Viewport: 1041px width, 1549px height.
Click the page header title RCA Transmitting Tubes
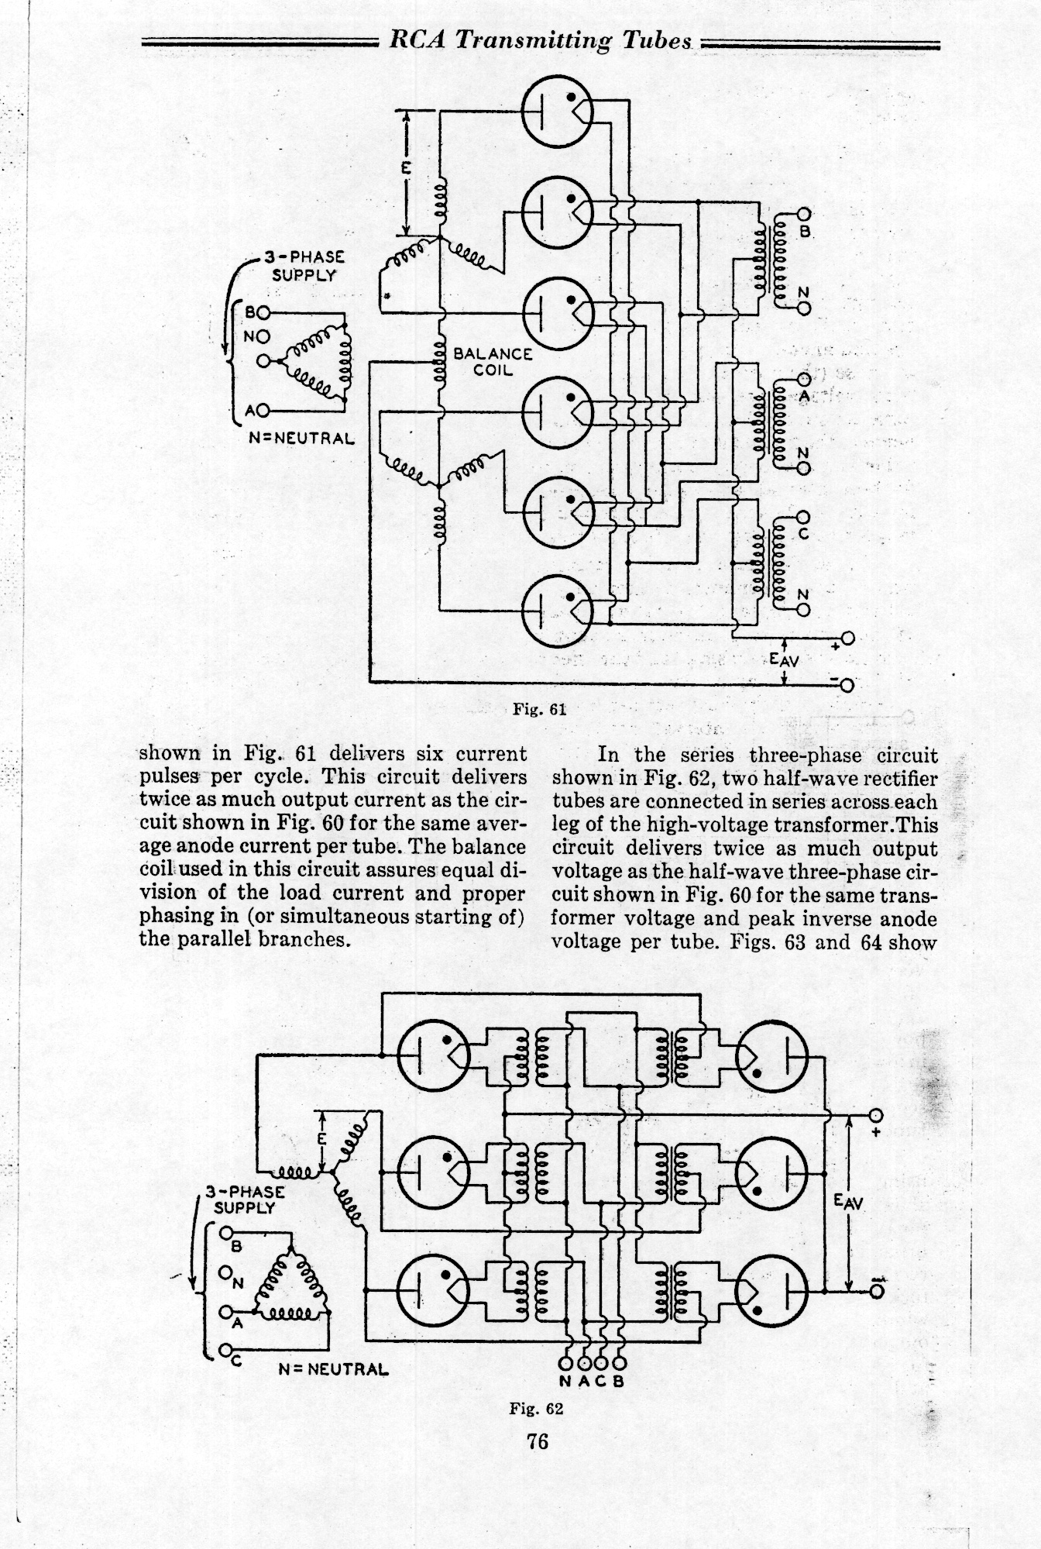coord(540,40)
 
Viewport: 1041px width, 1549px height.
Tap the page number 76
coord(537,1441)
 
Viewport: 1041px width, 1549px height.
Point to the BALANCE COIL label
coord(493,361)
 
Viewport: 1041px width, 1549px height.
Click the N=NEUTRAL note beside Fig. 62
coord(333,1368)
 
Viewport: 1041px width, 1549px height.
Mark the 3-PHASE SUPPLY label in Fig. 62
coord(245,1199)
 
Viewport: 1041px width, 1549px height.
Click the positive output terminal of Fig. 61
coord(848,639)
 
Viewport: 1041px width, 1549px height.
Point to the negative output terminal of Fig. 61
coord(848,684)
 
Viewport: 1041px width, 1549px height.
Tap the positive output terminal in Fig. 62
coord(876,1116)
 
